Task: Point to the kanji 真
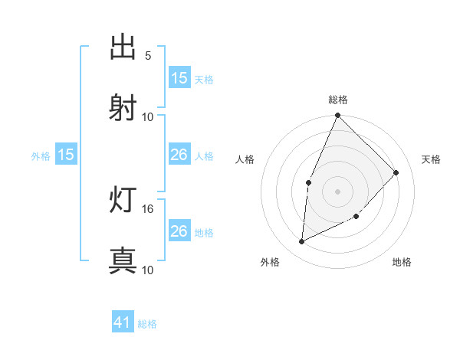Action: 123,260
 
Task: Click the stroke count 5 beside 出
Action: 148,56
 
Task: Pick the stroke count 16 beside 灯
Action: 148,208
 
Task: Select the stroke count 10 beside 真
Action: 148,270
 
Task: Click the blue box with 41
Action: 123,323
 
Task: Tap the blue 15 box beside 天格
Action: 179,78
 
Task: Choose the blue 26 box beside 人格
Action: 179,155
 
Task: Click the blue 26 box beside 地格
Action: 179,231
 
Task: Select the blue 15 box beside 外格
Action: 66,155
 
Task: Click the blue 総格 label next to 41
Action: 147,324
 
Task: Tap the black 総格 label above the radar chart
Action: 338,100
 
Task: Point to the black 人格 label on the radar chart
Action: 245,159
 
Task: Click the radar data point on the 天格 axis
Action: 396,172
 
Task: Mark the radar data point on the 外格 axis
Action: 302,242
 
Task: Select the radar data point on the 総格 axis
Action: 338,116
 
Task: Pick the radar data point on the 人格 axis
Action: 308,182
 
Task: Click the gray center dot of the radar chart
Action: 338,191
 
